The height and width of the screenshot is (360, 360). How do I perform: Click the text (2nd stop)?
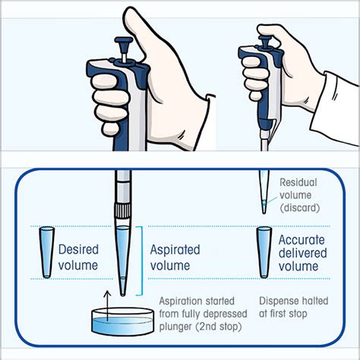click(223, 326)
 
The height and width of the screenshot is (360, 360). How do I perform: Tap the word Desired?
click(78, 249)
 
